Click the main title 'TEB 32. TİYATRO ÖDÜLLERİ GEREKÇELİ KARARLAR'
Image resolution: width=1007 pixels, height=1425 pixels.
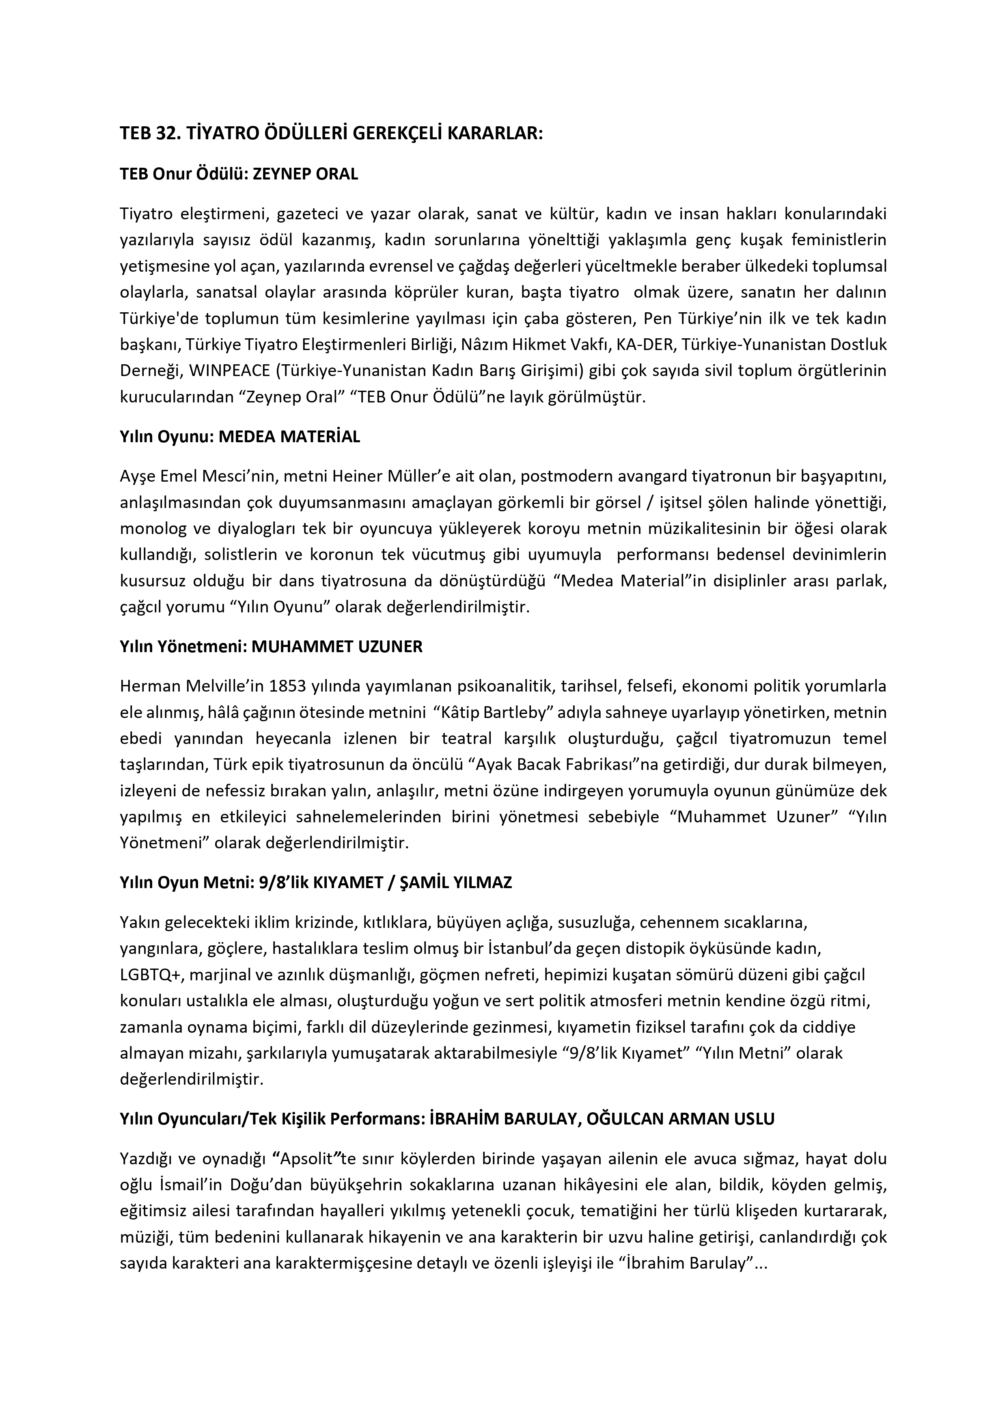coord(331,134)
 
